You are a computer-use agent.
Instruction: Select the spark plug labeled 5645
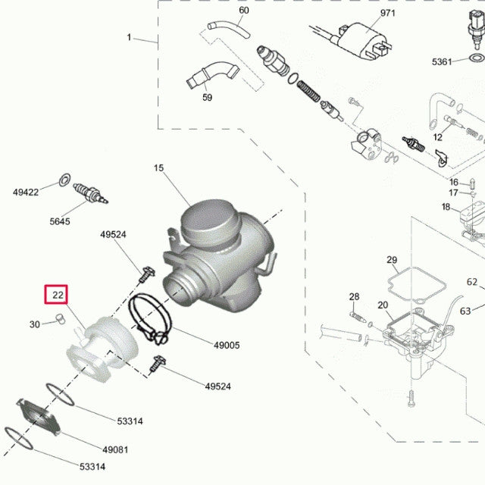(x=92, y=193)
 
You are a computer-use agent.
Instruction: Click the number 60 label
(x=243, y=11)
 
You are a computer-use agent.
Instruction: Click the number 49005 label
(x=226, y=346)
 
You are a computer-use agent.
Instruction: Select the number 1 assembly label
(x=130, y=37)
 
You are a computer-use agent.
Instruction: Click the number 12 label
(x=437, y=137)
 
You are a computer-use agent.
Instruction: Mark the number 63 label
(x=465, y=310)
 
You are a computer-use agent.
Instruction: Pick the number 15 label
(x=158, y=168)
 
